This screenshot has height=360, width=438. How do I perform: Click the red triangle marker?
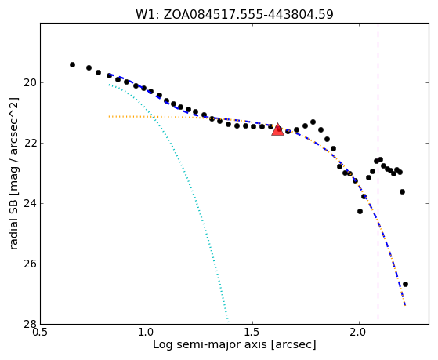[277, 129]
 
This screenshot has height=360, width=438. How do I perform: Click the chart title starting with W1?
[234, 15]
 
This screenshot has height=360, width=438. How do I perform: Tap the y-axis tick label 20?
[29, 83]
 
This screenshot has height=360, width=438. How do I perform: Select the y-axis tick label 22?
[29, 144]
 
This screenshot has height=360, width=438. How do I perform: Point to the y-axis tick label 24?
[29, 204]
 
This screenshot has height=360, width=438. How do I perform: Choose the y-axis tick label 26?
[29, 264]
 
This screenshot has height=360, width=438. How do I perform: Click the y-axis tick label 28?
[29, 324]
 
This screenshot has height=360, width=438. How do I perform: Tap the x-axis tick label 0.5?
[40, 333]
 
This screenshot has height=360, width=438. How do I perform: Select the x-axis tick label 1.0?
[147, 333]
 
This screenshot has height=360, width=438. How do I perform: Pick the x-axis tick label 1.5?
[252, 333]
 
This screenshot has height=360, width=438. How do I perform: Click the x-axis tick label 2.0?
[359, 333]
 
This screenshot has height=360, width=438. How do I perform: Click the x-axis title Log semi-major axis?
[234, 345]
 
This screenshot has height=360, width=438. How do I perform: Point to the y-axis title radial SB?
[13, 173]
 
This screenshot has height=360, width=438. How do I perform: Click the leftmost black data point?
[72, 64]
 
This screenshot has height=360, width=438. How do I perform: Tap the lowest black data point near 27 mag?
[405, 284]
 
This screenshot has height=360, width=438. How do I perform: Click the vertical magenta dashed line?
[378, 171]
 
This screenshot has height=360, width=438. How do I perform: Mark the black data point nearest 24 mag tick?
[360, 211]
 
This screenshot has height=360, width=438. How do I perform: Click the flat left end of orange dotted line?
[109, 116]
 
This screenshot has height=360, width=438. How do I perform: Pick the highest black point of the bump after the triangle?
[313, 122]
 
